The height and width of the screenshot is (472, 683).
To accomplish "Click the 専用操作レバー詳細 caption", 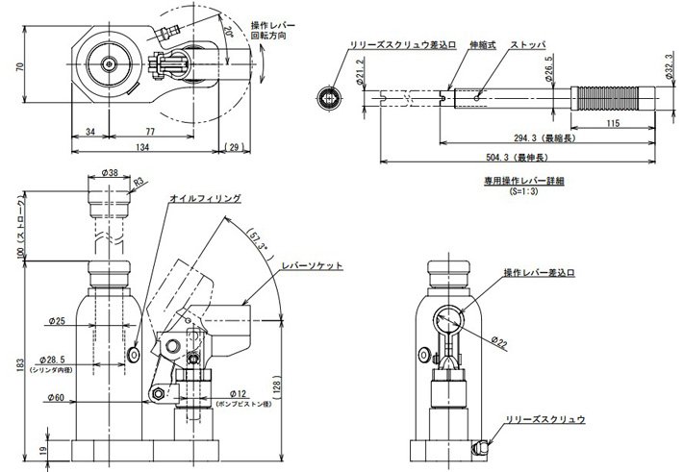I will (519, 180).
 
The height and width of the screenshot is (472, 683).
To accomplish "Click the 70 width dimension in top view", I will (17, 68).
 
